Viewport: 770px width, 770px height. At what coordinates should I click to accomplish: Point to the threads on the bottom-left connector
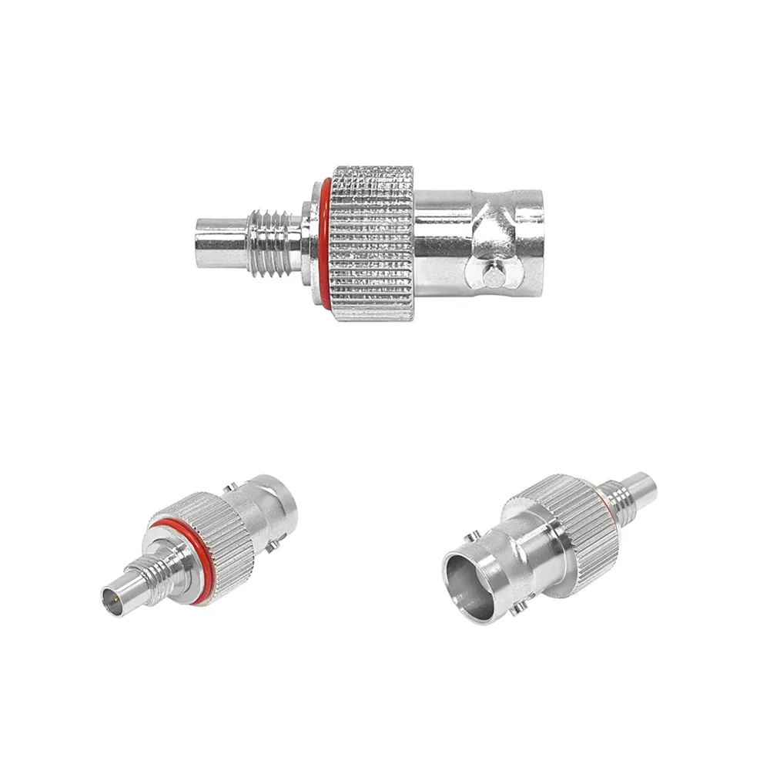[162, 570]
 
